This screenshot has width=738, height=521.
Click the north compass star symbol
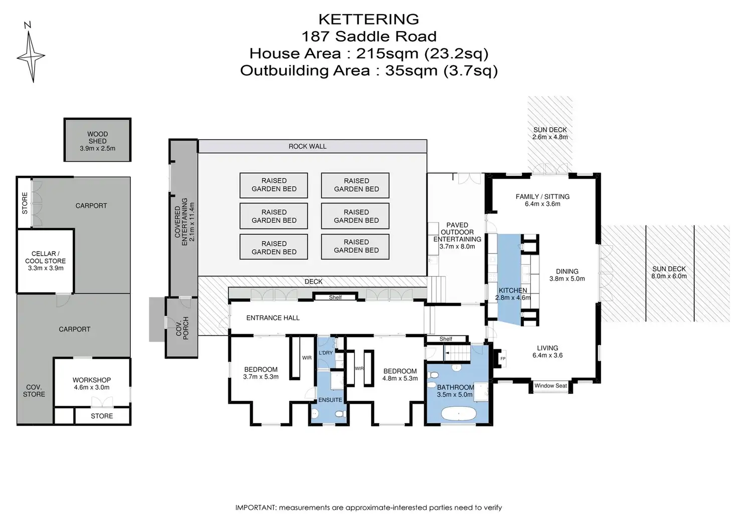click(x=31, y=56)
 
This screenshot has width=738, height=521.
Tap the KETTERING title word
click(x=368, y=19)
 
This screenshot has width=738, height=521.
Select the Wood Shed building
click(x=98, y=140)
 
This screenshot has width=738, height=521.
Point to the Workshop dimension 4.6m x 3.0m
click(x=92, y=387)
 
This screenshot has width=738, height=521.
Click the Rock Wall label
click(x=307, y=146)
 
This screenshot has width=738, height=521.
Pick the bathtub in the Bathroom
click(x=458, y=413)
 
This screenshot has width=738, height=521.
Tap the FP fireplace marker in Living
click(x=503, y=358)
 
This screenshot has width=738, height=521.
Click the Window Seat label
click(x=550, y=386)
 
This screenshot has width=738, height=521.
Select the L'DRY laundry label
click(x=326, y=353)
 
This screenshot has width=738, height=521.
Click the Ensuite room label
click(x=330, y=400)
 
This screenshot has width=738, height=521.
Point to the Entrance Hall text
click(x=273, y=318)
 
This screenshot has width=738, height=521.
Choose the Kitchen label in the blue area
click(x=513, y=290)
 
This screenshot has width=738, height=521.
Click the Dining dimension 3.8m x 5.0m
click(x=567, y=279)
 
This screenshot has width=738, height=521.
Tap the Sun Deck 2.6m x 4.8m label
click(x=550, y=134)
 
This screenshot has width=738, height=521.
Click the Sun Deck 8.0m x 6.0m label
click(x=669, y=273)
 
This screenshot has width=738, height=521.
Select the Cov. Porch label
click(x=182, y=328)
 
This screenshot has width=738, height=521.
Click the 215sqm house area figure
click(x=387, y=54)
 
